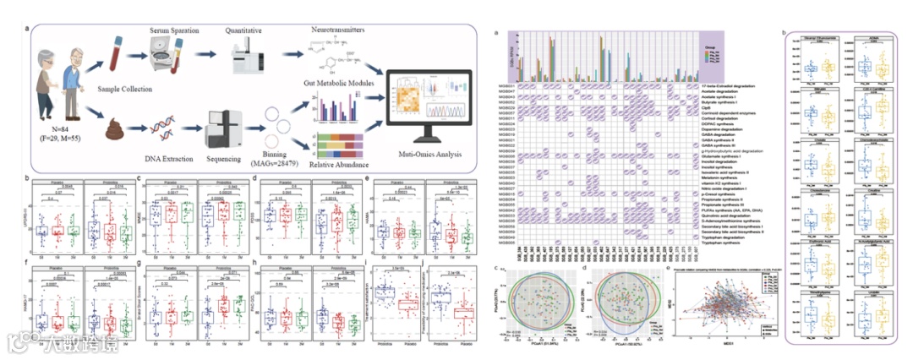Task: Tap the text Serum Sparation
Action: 175,30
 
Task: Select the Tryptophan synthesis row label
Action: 724,243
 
